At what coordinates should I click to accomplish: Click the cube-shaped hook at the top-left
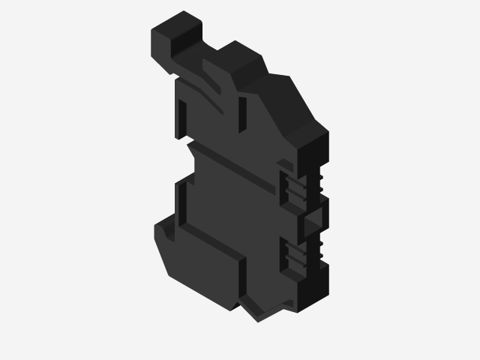[x=176, y=34]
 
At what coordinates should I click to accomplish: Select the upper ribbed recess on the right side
[x=295, y=187]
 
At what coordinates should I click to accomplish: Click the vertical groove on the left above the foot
[x=180, y=202]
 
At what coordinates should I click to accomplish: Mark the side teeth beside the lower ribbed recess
[x=318, y=250]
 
